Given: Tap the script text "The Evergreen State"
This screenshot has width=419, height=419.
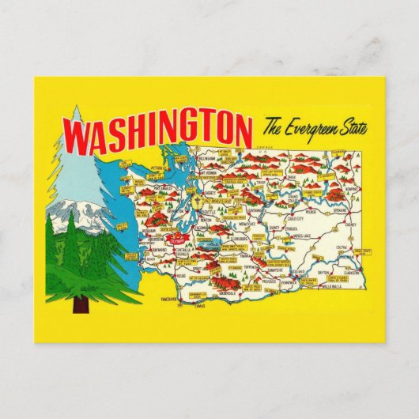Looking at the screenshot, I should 310,126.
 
